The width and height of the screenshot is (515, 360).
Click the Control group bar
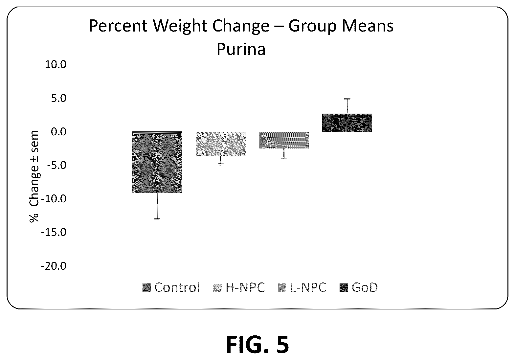158,162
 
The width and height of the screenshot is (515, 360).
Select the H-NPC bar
221,144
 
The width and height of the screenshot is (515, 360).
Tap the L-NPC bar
284,140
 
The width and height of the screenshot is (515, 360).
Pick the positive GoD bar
347,123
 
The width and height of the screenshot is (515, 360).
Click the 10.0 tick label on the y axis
56,65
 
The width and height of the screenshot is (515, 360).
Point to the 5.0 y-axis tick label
58,98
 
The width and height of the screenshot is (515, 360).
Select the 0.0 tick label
58,132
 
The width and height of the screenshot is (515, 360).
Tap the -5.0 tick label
56,165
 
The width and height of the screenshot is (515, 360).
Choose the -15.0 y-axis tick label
54,233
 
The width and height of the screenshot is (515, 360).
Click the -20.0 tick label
54,266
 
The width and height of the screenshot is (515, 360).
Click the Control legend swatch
146,288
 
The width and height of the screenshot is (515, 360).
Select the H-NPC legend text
245,287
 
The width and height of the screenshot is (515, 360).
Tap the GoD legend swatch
344,288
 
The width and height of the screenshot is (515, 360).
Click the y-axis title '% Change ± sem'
34,177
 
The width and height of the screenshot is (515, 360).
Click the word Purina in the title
241,49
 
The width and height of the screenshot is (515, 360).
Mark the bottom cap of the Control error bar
158,219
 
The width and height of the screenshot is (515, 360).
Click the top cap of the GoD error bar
347,99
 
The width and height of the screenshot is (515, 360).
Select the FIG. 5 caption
257,344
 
